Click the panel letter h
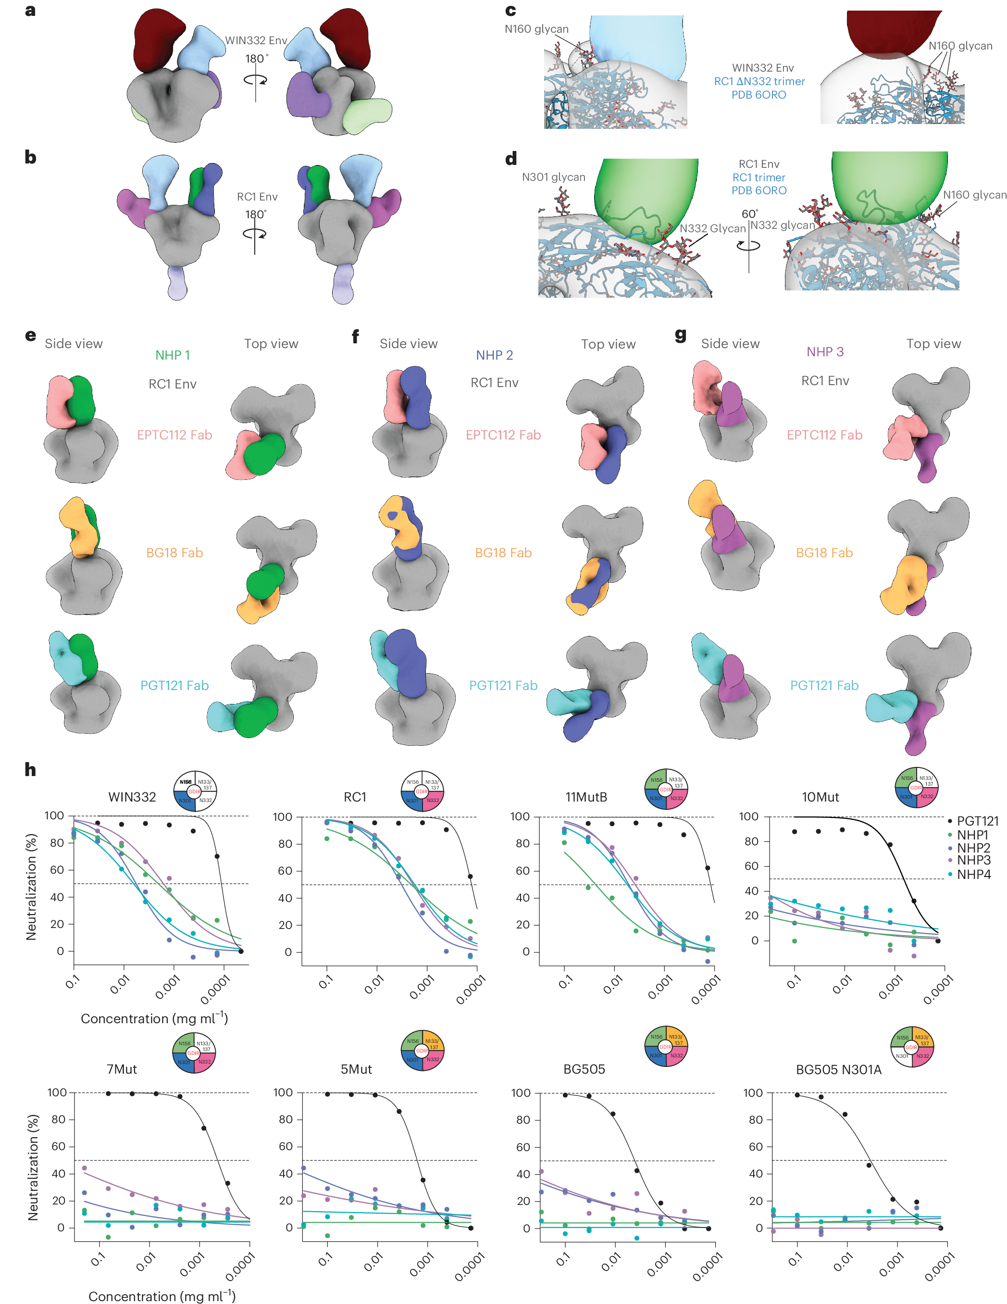[30, 770]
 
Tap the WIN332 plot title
[132, 797]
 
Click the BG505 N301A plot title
[838, 1070]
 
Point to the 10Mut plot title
[820, 797]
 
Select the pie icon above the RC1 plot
[422, 791]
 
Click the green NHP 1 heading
[173, 355]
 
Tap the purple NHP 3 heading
[825, 351]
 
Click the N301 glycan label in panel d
[553, 177]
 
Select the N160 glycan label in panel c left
[536, 29]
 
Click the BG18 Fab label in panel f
[503, 553]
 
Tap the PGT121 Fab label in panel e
[174, 686]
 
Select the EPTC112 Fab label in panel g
[824, 435]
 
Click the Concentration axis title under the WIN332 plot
[154, 1018]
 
